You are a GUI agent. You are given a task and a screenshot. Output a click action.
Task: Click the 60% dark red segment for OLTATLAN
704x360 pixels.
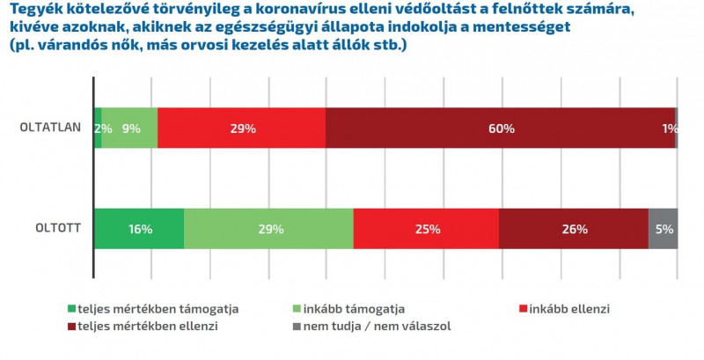click(500, 128)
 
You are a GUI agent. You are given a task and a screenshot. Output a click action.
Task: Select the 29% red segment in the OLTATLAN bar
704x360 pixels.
click(241, 128)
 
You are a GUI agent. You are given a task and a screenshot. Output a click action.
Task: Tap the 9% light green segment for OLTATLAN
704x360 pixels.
click(130, 128)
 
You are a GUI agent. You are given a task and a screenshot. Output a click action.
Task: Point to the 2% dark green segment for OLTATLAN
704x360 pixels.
click(98, 128)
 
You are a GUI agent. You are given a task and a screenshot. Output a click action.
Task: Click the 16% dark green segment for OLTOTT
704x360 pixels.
click(139, 229)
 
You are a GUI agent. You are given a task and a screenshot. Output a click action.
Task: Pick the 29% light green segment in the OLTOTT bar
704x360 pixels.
click(268, 229)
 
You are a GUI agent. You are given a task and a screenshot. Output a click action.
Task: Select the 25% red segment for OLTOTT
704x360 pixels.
click(426, 229)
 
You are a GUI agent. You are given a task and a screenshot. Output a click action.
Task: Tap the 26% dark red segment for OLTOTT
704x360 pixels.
click(574, 229)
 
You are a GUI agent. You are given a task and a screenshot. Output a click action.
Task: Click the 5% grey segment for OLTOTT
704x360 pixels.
click(664, 229)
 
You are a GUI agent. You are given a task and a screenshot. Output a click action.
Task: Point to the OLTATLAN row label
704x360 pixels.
click(51, 127)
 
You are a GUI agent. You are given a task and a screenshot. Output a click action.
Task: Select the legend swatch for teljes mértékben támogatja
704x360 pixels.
click(72, 309)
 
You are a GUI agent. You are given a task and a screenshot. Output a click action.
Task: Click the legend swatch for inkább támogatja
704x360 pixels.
click(296, 309)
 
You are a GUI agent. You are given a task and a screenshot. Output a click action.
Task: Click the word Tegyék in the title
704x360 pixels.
click(33, 11)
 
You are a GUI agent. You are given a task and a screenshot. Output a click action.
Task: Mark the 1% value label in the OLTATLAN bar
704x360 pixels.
click(670, 129)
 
